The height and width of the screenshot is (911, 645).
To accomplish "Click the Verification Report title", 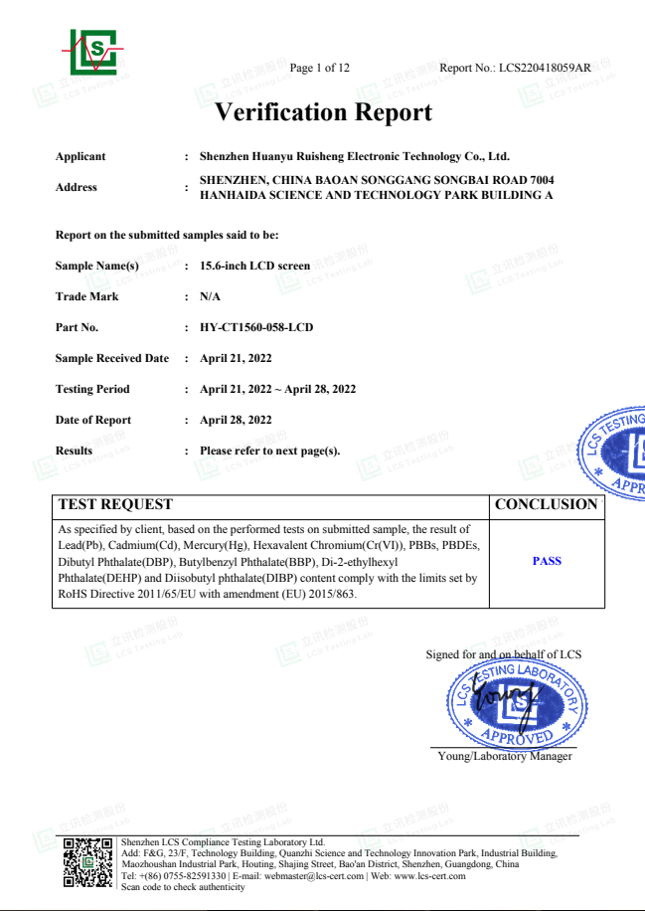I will point(323,112).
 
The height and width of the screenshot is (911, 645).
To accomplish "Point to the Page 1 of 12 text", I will point(319,68).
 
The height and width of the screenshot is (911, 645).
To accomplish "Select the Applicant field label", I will point(81,156).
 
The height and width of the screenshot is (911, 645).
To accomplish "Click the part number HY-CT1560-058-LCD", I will point(256,327).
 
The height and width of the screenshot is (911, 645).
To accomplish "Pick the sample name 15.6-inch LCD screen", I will point(254,266).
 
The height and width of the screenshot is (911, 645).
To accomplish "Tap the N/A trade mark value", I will point(210,296).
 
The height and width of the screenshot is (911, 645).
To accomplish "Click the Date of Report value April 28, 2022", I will point(236,420).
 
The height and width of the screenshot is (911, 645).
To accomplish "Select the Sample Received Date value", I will point(236,358).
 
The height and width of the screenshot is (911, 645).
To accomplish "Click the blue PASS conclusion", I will point(547,561).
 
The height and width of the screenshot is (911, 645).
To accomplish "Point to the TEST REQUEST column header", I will point(115,504).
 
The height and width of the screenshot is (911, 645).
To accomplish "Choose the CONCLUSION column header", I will point(546,504).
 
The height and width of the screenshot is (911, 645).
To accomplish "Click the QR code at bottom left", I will point(87,864).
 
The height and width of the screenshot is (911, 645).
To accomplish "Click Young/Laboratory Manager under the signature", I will point(505,756).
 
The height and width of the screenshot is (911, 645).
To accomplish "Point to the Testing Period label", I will point(92,389).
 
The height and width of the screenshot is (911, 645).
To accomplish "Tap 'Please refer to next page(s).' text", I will point(270,451).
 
